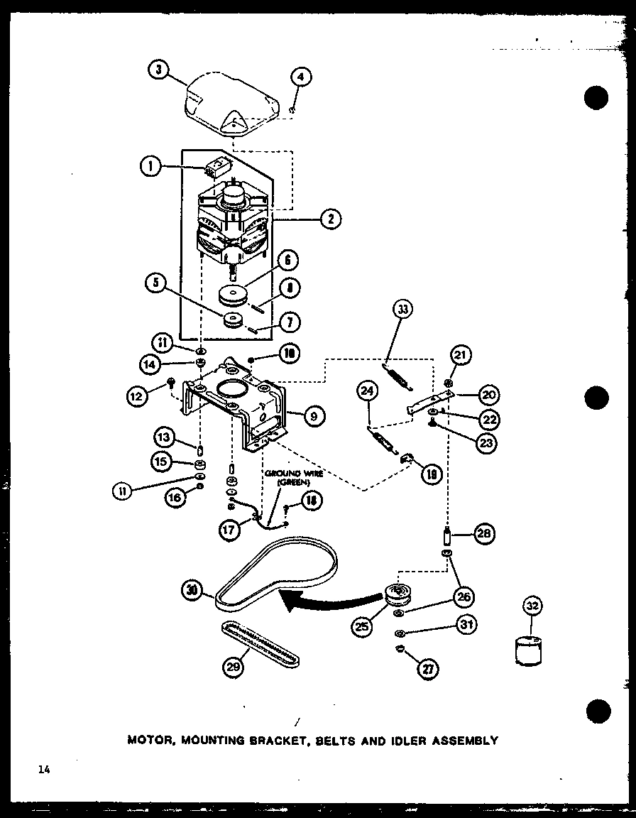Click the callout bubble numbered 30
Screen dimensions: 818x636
point(192,589)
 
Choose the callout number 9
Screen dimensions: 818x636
point(312,417)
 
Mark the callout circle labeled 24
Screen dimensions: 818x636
point(367,391)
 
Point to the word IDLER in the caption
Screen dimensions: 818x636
point(402,741)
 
